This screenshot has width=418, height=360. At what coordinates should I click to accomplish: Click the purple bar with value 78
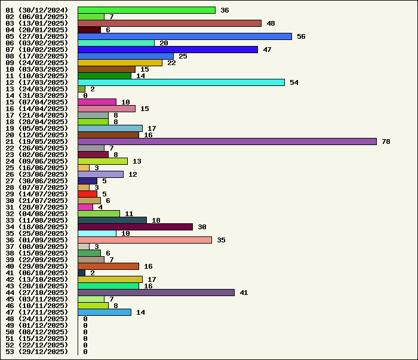tap(227, 141)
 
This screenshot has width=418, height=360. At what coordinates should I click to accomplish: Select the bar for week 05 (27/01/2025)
tap(185, 36)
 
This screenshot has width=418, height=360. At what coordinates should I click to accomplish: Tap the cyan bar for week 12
tap(181, 82)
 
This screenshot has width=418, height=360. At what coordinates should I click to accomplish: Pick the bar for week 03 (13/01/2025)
tap(170, 23)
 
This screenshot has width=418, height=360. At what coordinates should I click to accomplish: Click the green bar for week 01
tap(146, 10)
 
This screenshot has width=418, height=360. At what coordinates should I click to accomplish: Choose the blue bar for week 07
tap(168, 50)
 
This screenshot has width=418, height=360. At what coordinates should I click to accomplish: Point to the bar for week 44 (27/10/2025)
tap(156, 293)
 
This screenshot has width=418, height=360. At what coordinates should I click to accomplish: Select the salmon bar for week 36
tap(145, 240)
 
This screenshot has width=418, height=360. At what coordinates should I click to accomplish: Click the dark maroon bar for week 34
tap(135, 227)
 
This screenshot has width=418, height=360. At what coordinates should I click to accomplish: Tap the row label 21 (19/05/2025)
tap(37, 141)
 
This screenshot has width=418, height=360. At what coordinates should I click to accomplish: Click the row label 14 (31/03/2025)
tap(37, 96)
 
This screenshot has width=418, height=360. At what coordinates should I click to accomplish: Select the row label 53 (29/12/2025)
tap(37, 352)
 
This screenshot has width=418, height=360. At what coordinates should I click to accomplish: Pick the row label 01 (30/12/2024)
tap(37, 10)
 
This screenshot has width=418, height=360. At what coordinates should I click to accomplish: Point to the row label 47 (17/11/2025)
tap(37, 312)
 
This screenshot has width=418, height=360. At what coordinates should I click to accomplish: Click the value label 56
tap(301, 36)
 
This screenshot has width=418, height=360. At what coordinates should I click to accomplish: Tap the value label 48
tap(271, 23)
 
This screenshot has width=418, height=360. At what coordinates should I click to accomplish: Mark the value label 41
tap(244, 293)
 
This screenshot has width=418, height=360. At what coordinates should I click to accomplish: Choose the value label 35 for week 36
tap(221, 240)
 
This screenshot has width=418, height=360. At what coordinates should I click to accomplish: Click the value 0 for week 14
tap(85, 96)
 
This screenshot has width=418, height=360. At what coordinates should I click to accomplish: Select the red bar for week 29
tap(87, 194)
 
